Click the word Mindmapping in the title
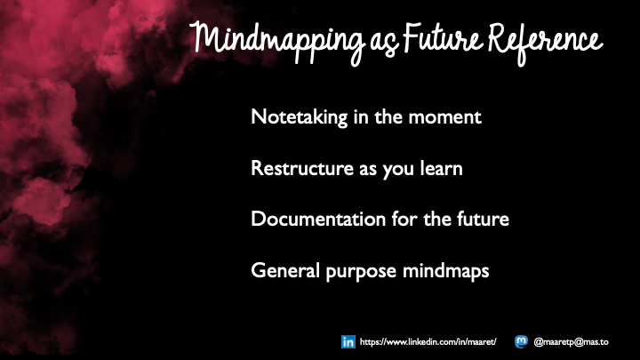click(x=270, y=40)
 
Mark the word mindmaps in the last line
click(x=448, y=270)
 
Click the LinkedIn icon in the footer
click(x=348, y=341)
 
